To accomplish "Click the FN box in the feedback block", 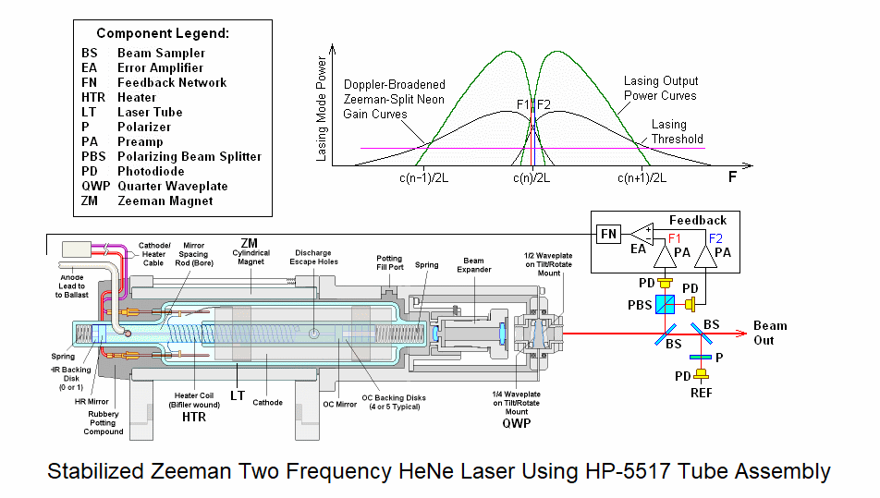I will pyautogui.click(x=608, y=235).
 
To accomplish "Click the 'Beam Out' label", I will pyautogui.click(x=770, y=333).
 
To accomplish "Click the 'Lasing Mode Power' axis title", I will pyautogui.click(x=321, y=109).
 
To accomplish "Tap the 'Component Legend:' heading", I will pyautogui.click(x=175, y=33).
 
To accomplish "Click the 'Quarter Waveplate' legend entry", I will pyautogui.click(x=172, y=186).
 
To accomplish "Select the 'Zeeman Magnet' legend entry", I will pyautogui.click(x=165, y=200).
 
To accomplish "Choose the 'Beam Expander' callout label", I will pyautogui.click(x=472, y=266).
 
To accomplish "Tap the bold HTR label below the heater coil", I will pyautogui.click(x=193, y=417).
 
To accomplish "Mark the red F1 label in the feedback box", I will pyautogui.click(x=674, y=237).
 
